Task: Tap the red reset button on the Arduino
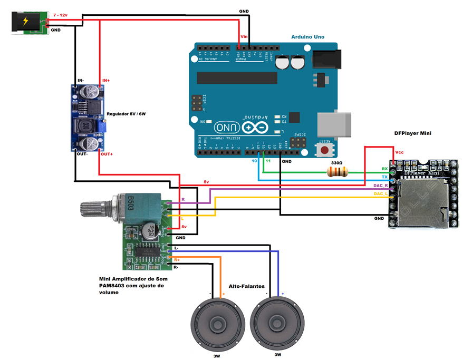324,150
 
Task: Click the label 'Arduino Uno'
307,37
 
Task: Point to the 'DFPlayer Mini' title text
412,133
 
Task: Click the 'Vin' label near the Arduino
244,36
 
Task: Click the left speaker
217,324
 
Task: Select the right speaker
277,324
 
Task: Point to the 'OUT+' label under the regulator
107,154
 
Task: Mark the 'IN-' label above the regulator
81,80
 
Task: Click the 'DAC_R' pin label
381,186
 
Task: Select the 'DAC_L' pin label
381,194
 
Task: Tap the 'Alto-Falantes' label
247,286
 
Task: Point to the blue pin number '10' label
254,160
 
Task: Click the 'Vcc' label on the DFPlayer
399,152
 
